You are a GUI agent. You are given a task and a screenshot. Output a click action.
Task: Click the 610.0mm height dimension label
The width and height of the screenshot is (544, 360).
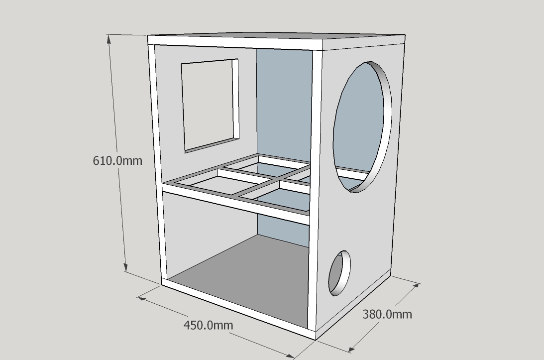click(x=117, y=161)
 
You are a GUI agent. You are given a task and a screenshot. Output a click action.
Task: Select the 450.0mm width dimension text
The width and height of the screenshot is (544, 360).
click(x=208, y=325)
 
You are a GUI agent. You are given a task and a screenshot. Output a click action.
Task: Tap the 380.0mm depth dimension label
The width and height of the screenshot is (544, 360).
click(x=387, y=314)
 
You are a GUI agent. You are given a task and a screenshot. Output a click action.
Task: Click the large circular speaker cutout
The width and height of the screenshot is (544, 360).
click(x=362, y=126)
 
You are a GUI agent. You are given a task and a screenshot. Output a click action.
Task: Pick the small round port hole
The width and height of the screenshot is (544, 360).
click(x=339, y=273)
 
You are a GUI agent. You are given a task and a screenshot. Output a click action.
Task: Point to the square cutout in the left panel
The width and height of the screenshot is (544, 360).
click(x=210, y=106)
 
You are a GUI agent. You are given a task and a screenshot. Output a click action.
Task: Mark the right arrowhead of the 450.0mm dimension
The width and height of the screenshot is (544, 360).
click(x=290, y=355)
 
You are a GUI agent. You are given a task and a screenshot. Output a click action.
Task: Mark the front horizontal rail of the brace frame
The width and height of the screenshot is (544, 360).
click(x=235, y=201)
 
